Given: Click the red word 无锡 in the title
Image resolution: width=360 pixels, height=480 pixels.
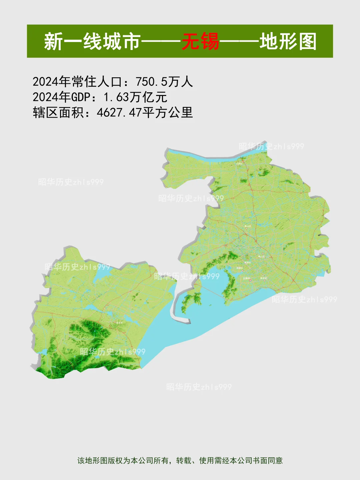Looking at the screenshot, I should click(x=200, y=41).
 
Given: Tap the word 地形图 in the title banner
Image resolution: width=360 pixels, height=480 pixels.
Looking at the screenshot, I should click(x=288, y=41).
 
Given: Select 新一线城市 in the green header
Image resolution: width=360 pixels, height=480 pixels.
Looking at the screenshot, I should click(x=92, y=41).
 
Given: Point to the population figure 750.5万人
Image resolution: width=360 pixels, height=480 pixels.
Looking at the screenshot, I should click(x=164, y=82).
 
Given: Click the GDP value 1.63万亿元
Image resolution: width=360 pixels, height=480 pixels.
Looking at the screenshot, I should click(x=135, y=97).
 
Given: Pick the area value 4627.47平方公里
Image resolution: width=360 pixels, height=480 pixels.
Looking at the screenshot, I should click(x=145, y=113).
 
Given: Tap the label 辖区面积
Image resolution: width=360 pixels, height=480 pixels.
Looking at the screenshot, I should click(x=58, y=113).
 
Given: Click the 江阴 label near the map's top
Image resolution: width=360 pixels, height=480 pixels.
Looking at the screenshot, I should click(x=239, y=164).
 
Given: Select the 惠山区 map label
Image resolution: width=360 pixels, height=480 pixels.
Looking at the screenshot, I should click(x=248, y=226).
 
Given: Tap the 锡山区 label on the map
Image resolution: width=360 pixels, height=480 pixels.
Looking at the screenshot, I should click(x=261, y=256).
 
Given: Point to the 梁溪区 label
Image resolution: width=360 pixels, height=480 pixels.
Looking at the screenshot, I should click(x=248, y=262).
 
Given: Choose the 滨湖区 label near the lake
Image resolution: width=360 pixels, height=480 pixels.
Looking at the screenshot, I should click(x=240, y=268).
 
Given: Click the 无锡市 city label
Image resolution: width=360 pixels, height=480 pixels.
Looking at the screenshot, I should click(x=246, y=278).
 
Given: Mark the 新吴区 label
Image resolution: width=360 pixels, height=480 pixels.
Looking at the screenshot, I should click(x=264, y=278).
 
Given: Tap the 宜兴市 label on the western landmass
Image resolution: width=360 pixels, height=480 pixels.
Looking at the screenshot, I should click(x=119, y=323).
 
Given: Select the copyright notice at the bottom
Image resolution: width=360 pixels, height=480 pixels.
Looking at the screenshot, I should click(x=180, y=461).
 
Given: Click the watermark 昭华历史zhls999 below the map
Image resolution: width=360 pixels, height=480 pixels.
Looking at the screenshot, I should click(x=199, y=387).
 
